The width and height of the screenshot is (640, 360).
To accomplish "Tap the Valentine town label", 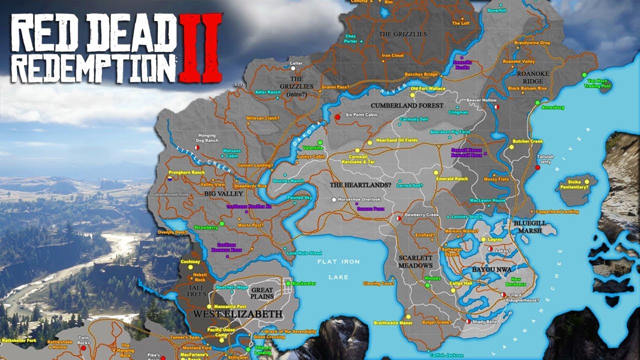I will coord(312,148).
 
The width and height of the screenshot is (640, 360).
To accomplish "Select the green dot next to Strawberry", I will coord(222,223).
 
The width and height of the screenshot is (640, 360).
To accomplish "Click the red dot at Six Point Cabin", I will coord(337,117).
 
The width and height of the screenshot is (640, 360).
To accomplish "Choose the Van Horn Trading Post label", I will coord(599,83).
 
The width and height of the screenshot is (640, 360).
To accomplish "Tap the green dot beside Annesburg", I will coord(537,103).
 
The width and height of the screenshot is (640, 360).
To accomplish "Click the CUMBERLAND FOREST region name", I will coord(407,105).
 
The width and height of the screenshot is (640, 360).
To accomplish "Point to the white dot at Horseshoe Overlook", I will coord(333,199).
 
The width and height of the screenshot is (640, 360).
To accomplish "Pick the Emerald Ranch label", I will coord(452,178).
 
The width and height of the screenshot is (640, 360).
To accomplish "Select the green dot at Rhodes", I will coord(427,285).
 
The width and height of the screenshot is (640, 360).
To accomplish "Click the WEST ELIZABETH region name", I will coord(237,314).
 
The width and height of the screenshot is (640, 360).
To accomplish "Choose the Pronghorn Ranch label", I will coord(186,172).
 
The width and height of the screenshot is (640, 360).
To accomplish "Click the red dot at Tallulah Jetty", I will coord(537,167).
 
